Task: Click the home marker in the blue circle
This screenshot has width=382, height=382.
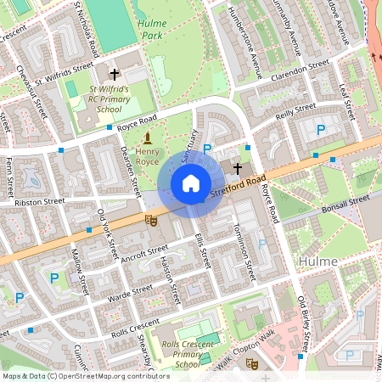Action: tap(191, 183)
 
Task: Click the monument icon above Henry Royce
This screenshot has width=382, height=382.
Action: tap(148, 137)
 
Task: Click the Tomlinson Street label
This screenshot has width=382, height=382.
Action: tap(240, 254)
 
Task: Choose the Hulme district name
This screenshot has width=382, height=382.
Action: tap(318, 261)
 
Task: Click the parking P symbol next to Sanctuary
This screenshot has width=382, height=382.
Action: tap(208, 148)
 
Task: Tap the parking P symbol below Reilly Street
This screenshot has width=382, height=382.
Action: tap(321, 130)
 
